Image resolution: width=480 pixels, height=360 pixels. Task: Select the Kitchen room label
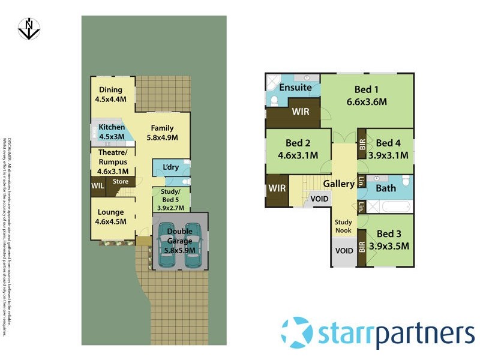(112, 131)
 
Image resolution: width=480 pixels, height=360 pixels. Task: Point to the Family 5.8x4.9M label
(162, 132)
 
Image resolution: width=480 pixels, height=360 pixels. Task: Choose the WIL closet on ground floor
(97, 186)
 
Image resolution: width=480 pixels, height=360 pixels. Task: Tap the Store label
(121, 181)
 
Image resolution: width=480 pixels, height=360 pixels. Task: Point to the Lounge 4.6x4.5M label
(110, 216)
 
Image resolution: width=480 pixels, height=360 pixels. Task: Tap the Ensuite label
(292, 88)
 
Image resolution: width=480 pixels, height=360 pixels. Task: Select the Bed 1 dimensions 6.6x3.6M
(366, 102)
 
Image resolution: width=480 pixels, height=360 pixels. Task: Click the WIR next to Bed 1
(300, 112)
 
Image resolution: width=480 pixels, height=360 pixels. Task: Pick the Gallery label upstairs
(339, 184)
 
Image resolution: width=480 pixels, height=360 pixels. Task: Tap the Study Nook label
(344, 226)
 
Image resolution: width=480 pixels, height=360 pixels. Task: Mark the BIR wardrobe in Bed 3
(362, 245)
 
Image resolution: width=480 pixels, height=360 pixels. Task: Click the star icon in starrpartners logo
(296, 332)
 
